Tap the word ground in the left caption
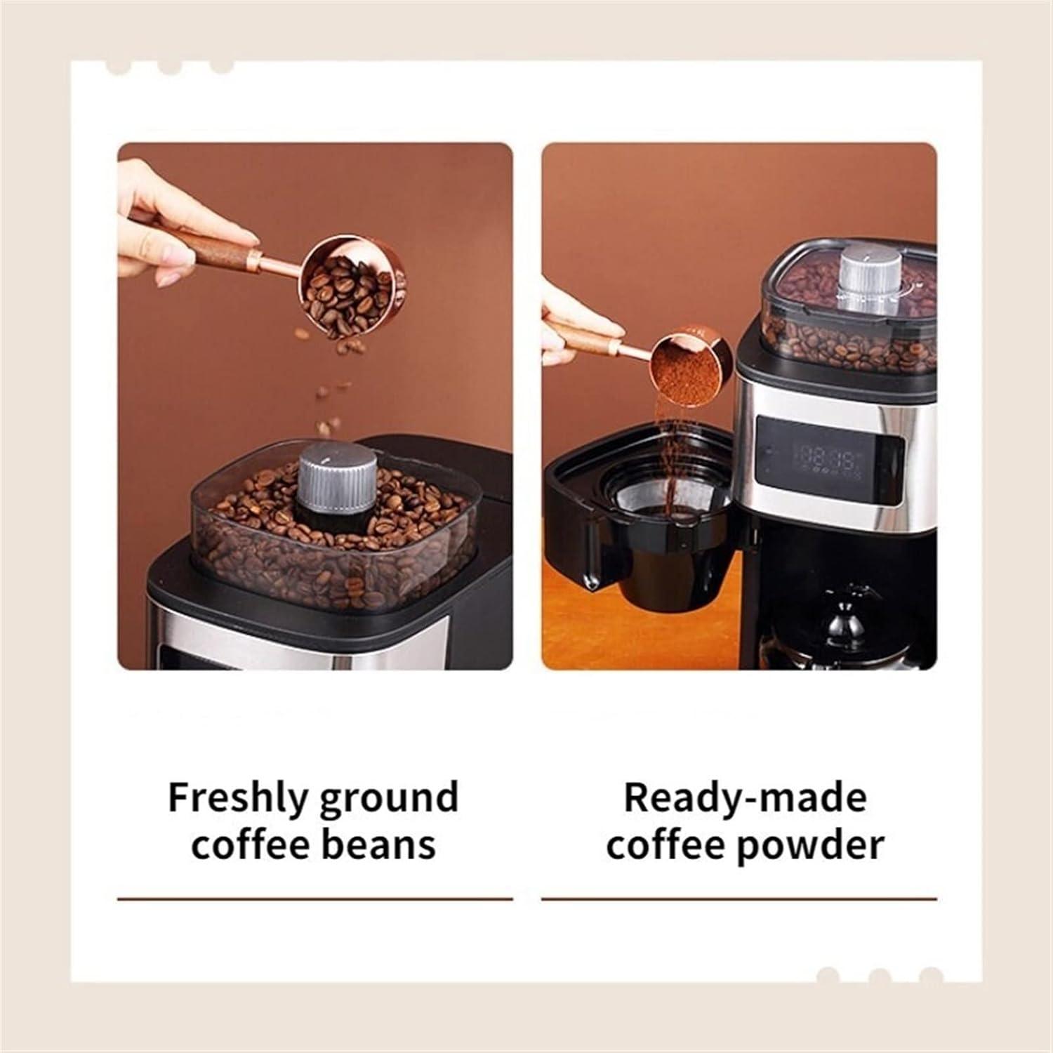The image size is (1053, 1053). click(388, 799)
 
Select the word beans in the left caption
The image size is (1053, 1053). click(379, 844)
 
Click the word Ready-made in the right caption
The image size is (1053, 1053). click(745, 797)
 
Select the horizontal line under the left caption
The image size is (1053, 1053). click(314, 898)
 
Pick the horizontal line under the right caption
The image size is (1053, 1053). click(739, 898)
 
